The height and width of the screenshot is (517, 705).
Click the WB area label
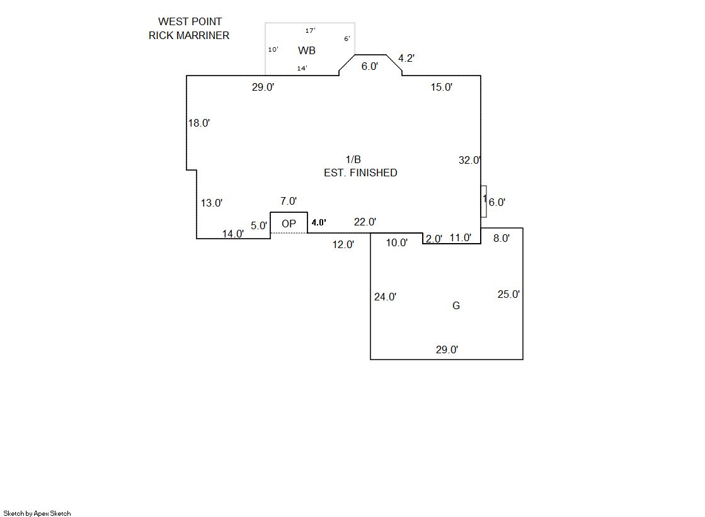point(307,50)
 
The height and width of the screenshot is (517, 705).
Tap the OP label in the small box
point(289,224)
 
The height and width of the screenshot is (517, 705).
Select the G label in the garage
point(456,305)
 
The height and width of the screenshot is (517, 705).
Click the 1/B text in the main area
point(353,160)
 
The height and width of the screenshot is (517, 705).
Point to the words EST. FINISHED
point(360,173)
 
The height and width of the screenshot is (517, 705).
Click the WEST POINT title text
point(190,22)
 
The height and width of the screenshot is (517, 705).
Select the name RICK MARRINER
point(189,35)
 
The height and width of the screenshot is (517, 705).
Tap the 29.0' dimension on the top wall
point(263,88)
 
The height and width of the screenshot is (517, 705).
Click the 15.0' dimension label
point(442,88)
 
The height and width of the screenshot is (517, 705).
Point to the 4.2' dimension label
point(406,59)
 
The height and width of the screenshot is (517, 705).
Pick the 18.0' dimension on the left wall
point(199,123)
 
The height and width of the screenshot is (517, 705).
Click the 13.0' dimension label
point(212,203)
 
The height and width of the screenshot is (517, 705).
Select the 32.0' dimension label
point(469,161)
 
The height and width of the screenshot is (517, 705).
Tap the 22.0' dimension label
point(365,222)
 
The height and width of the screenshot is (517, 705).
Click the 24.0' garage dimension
point(385,297)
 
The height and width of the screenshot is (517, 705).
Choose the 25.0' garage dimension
point(508,294)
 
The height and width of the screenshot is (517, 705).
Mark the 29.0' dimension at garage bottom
point(447,350)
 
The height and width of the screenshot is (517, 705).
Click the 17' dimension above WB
point(310,30)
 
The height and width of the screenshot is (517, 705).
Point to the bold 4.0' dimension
point(319,222)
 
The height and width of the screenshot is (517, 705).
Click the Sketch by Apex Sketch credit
point(37,513)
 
